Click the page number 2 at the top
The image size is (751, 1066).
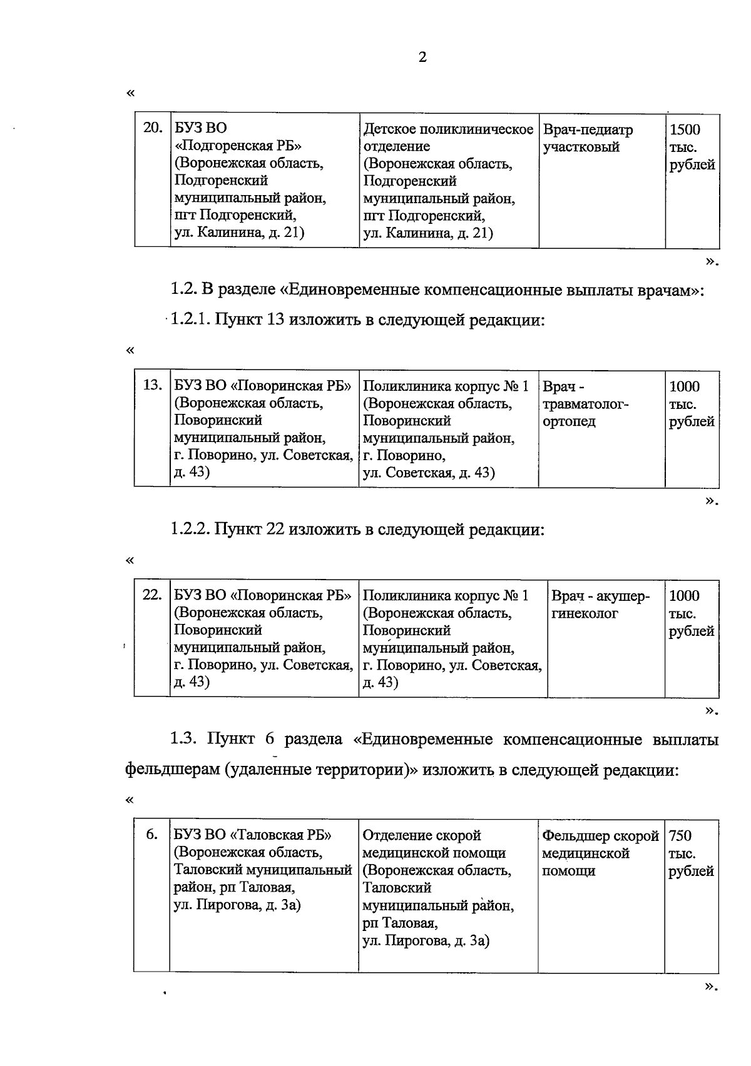coord(422,58)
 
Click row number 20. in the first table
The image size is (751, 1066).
coord(152,129)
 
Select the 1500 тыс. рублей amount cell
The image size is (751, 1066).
coord(692,148)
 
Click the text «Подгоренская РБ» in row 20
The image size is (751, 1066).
coord(238,146)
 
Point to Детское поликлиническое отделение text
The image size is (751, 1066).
coord(447,138)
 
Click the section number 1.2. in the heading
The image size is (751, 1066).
coord(183,290)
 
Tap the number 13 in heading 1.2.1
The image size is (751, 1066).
coord(276,320)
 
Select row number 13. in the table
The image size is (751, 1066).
coord(152,385)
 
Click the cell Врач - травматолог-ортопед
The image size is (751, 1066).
coord(585,404)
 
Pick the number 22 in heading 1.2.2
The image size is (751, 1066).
coord(276,530)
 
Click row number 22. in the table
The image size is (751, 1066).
coord(152,595)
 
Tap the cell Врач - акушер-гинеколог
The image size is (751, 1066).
coord(600,605)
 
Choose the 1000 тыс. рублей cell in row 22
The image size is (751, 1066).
coord(691,613)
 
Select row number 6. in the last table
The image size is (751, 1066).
coord(151,835)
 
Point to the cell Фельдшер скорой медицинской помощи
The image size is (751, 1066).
coord(600,853)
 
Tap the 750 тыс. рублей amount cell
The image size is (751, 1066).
coord(691,853)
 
